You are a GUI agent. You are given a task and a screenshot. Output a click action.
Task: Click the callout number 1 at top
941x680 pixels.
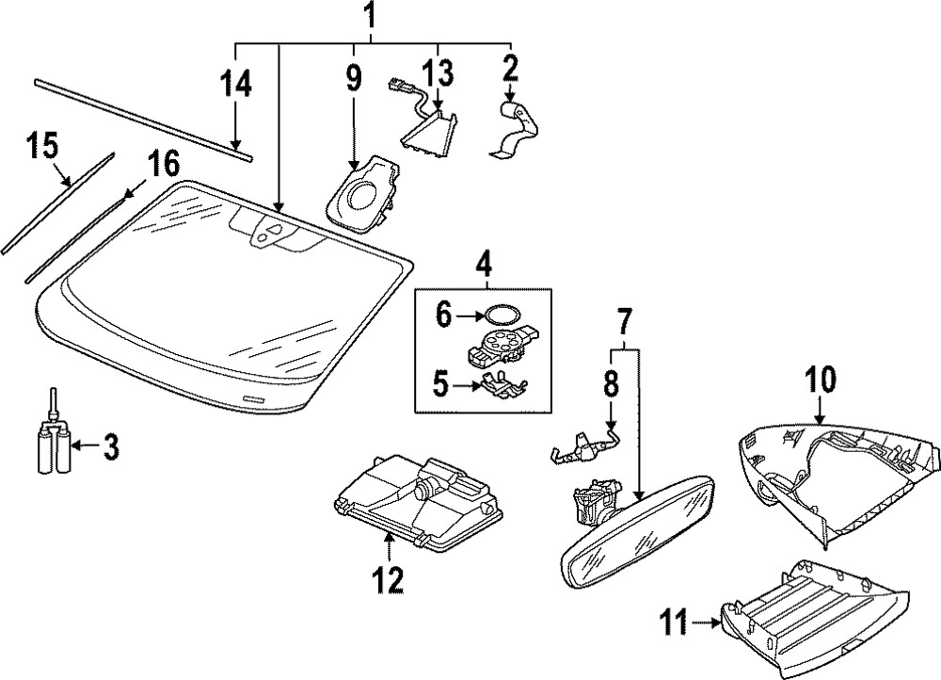click(371, 16)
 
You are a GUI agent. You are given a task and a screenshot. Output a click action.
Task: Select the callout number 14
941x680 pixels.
click(236, 84)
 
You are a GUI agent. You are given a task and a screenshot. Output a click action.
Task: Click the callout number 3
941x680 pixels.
click(111, 447)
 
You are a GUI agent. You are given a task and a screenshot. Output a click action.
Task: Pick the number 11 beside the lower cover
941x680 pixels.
click(673, 623)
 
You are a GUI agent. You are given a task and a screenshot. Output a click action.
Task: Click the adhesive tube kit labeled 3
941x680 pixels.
click(53, 447)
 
